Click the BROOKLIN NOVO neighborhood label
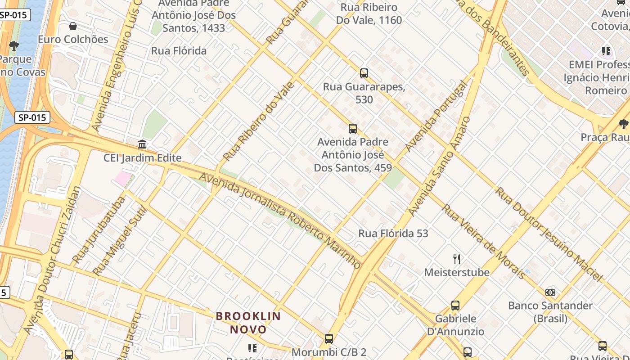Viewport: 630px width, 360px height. coord(248,323)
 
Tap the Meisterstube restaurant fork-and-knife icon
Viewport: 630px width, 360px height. coord(457,259)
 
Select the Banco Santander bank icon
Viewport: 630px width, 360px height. coord(550,292)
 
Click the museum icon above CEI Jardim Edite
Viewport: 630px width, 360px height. coord(143,144)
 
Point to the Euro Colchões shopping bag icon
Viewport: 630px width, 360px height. coord(73,26)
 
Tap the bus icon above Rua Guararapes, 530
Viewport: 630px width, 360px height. coord(364,73)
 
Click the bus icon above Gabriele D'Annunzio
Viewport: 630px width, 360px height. coord(455,306)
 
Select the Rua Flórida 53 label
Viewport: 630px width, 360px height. coord(393,234)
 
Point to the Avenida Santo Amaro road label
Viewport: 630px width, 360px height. coord(439,166)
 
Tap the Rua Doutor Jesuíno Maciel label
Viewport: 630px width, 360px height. coord(549,234)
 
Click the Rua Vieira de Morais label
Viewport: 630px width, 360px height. coord(483,242)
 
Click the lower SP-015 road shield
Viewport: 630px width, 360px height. coord(32,118)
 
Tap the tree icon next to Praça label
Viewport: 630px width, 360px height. coord(623,124)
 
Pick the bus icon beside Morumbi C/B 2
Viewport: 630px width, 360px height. coord(329,339)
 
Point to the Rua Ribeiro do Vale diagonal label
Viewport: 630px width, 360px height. coord(259,121)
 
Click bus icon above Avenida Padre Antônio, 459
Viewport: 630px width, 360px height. coord(353,129)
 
